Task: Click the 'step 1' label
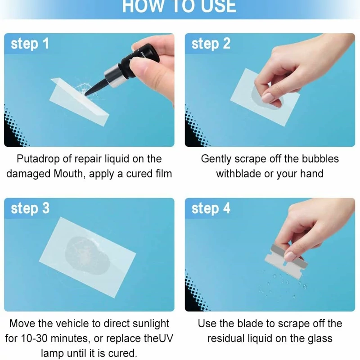coord(30,44)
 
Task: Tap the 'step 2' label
coord(211,44)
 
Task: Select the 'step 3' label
coord(30,208)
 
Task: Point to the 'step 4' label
coord(211,208)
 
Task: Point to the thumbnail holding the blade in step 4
coord(291,256)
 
